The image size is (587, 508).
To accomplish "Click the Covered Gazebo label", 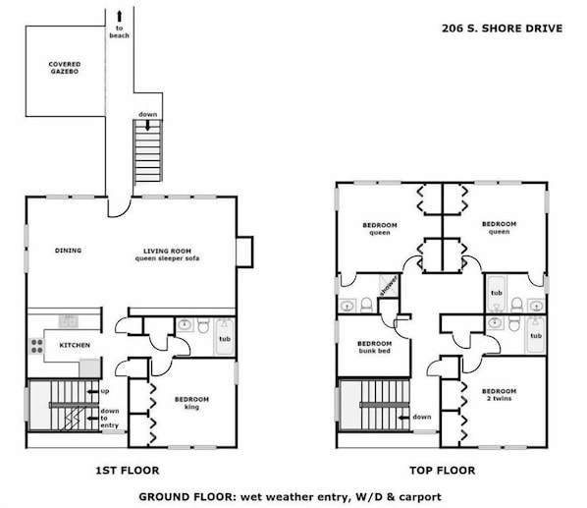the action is point(65,68).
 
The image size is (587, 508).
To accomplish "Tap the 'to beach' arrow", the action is point(120,16).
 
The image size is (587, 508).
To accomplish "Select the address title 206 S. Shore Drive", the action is point(502,28).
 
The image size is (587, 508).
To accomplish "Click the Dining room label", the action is point(68,251).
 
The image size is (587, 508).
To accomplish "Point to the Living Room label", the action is point(167,254).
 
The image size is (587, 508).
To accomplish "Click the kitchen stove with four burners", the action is point(36,346).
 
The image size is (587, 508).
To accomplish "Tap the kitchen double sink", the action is point(69,322).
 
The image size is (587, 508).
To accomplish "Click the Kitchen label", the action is point(75,345).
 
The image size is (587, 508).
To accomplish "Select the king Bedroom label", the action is point(191,403).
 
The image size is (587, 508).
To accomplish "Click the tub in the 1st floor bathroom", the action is point(224,337).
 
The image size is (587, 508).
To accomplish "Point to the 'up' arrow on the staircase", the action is point(92,391).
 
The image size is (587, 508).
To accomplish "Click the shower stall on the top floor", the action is point(389,286).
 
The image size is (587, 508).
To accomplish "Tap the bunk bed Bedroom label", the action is point(374,347).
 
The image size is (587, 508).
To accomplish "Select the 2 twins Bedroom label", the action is point(499,394).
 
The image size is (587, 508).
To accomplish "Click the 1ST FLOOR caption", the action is point(128,470).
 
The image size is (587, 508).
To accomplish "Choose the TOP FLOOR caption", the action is point(442,470).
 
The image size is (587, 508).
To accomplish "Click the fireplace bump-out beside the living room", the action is point(244,252).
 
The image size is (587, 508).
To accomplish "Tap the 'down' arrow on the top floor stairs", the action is point(404,418).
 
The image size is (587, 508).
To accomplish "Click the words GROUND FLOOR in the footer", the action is point(186,497).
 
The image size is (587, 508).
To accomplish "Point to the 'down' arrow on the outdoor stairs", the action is point(148,126).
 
